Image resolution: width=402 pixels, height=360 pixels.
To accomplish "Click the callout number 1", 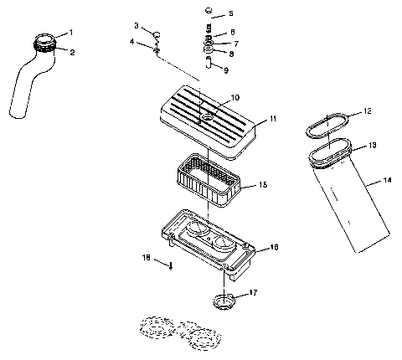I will (x=71, y=32).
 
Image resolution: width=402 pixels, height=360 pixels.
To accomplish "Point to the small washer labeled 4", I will (x=157, y=51).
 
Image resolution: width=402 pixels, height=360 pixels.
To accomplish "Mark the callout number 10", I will (x=234, y=97).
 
